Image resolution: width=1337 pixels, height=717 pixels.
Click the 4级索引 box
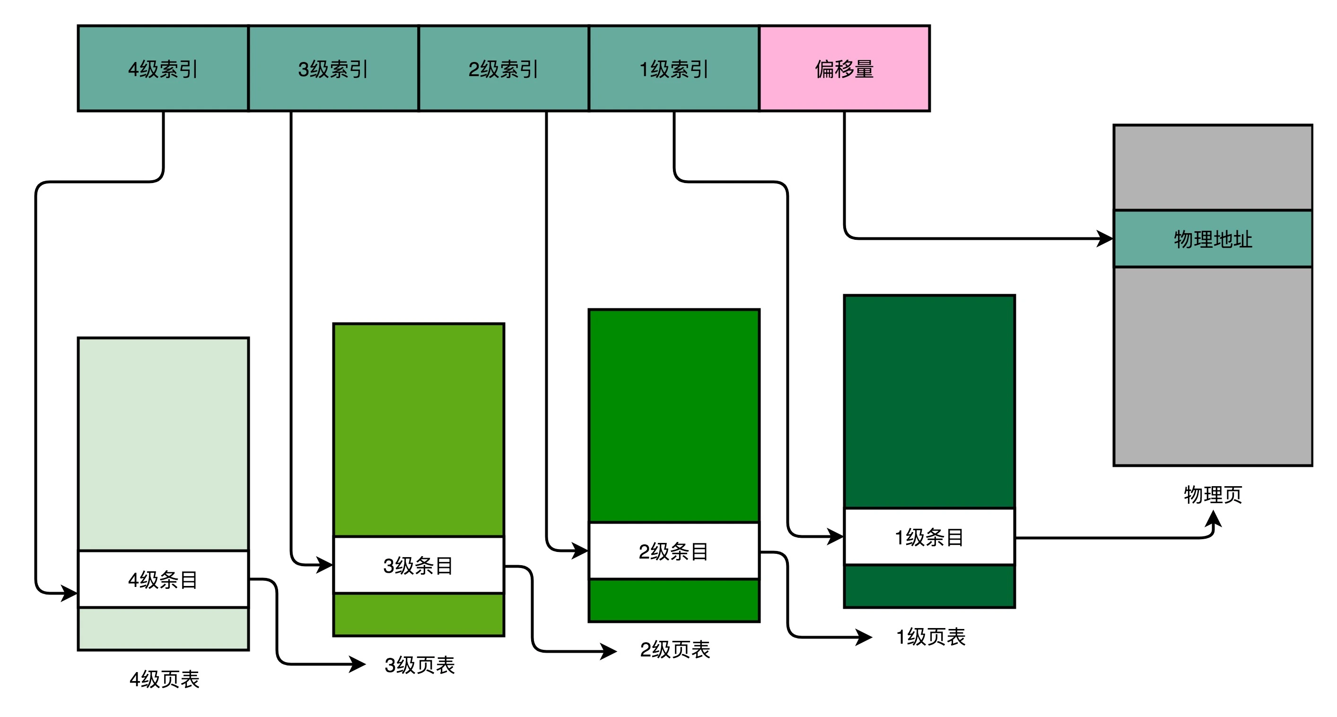[163, 69]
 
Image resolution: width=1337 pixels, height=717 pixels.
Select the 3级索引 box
[333, 69]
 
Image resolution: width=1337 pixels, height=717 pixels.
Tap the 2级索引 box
[504, 69]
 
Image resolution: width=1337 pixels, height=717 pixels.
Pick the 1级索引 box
[673, 69]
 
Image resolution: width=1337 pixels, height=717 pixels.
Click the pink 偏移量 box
[845, 69]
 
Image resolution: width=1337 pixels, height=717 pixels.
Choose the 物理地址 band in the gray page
[1213, 239]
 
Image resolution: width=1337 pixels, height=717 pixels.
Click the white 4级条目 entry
[163, 579]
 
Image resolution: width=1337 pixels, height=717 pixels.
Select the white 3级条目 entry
[419, 565]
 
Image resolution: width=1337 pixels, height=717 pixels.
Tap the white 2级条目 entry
[673, 551]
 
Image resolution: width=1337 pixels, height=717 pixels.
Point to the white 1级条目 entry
[929, 537]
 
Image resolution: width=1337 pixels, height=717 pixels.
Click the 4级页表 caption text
[164, 679]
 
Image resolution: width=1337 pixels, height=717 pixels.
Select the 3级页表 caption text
[419, 665]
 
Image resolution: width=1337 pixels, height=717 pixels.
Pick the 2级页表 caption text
[675, 649]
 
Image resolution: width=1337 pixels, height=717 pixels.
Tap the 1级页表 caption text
[931, 637]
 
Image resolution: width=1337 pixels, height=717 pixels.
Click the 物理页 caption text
[1213, 494]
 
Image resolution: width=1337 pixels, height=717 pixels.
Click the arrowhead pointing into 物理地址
[1106, 239]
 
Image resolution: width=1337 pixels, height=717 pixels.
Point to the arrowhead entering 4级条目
[70, 593]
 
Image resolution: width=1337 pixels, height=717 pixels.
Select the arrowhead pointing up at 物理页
[1213, 518]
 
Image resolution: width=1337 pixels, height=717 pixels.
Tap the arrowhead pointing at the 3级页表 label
[358, 664]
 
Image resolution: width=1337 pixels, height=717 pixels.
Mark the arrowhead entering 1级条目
[836, 536]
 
